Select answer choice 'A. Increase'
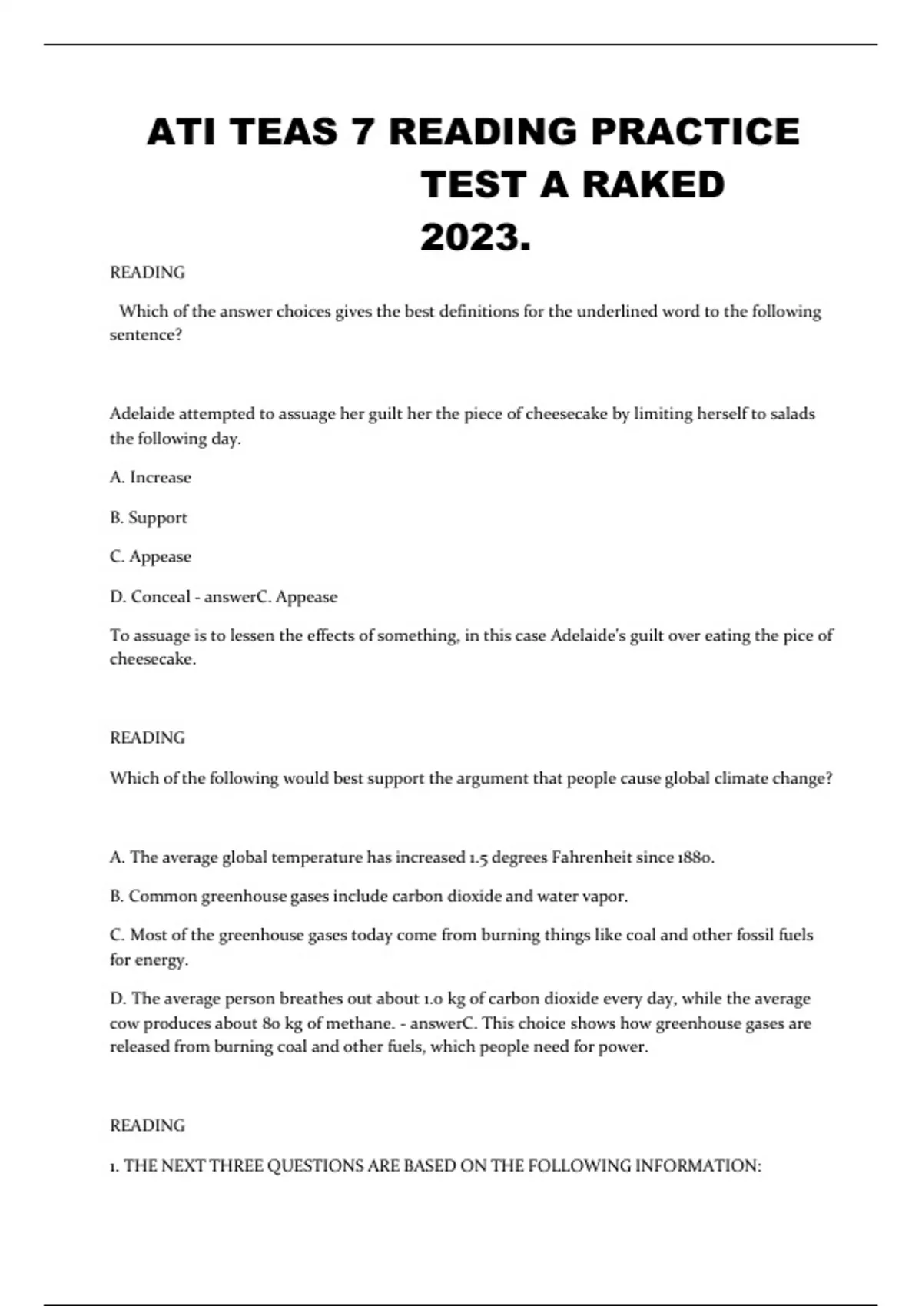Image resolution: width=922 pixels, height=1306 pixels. [151, 477]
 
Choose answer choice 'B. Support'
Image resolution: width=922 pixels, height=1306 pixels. [148, 517]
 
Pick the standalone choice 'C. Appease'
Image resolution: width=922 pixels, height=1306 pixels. [151, 556]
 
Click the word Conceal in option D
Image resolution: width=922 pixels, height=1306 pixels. [161, 597]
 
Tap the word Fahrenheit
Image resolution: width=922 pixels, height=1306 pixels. [592, 857]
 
